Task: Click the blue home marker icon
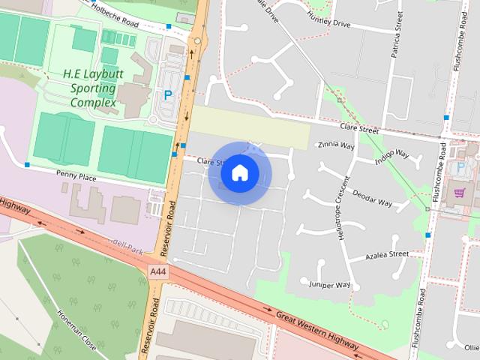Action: [239, 172]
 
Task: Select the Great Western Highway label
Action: [316, 329]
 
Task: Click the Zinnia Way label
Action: [336, 145]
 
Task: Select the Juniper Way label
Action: [330, 285]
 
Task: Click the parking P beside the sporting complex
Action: [167, 95]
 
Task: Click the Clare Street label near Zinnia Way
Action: [358, 129]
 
